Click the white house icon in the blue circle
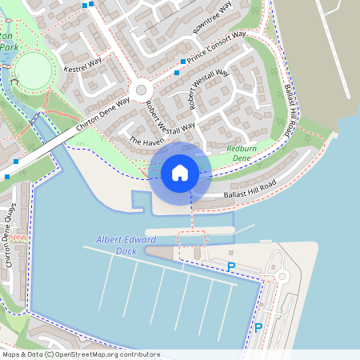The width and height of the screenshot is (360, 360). point(179,173)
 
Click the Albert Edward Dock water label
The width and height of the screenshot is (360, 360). point(126,245)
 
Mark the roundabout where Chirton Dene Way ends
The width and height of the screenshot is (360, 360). point(142,90)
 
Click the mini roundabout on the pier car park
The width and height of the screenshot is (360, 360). point(281,277)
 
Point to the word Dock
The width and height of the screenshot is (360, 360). point(126,250)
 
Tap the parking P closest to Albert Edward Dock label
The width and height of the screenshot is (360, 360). point(231,266)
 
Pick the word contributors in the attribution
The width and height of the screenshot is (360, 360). point(135,354)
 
